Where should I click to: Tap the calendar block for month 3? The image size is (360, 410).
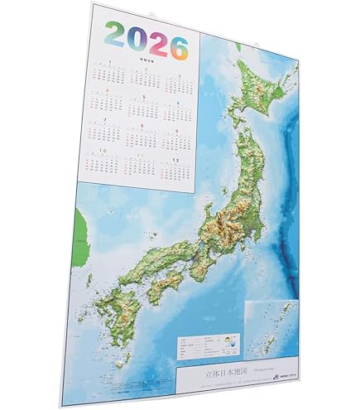(x=175, y=84)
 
